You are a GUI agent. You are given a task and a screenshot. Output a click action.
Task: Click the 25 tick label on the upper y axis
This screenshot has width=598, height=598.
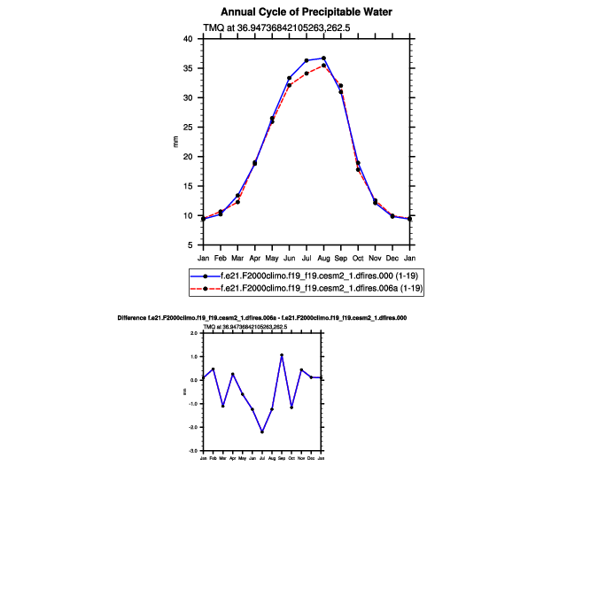[x=188, y=127]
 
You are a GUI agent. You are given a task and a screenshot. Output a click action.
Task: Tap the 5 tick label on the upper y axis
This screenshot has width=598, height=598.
[x=190, y=245]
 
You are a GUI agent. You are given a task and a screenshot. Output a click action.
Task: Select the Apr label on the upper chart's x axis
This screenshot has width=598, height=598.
[x=255, y=257]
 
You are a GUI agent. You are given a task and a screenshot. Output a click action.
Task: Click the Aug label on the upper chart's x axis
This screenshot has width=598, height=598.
[x=323, y=257]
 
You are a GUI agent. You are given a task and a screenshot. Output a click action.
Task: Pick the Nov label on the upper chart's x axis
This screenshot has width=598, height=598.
[x=375, y=257]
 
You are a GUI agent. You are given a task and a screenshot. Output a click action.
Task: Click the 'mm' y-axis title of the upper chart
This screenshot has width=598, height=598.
[x=175, y=142]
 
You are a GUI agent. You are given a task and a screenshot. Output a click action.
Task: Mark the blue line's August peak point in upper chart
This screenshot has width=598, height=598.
[x=323, y=58]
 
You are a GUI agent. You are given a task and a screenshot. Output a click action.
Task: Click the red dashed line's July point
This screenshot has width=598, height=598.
[x=307, y=74]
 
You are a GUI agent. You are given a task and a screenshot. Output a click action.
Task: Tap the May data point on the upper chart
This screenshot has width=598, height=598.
[x=272, y=120]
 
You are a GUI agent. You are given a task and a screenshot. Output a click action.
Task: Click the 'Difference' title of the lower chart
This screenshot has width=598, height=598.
[x=262, y=317]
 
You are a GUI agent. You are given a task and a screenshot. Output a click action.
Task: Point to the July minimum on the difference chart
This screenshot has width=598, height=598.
[x=262, y=431]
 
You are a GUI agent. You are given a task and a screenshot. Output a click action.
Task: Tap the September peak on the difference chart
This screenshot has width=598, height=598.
[x=282, y=355]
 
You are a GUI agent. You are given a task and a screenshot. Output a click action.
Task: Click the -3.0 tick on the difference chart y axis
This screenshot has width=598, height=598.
[x=194, y=451]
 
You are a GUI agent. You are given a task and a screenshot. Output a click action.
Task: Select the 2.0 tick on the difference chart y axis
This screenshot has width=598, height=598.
[x=195, y=333]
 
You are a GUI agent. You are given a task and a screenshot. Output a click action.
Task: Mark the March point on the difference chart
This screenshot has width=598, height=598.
[x=222, y=406]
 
